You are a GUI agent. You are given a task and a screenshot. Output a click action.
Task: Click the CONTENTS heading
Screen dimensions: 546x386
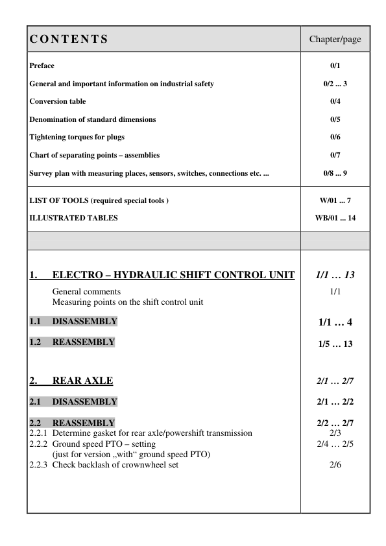69,40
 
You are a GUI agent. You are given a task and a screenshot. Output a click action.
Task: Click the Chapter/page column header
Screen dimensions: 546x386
335,40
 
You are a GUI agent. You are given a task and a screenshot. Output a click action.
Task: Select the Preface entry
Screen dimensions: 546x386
42,66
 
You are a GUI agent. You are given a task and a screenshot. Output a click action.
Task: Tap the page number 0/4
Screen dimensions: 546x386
335,102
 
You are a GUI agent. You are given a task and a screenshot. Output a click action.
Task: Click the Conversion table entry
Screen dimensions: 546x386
58,102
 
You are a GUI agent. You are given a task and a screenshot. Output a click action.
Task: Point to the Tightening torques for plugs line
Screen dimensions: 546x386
77,137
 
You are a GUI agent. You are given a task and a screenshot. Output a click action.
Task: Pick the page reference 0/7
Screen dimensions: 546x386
335,156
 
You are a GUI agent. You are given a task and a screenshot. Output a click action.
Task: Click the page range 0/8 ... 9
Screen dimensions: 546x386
335,173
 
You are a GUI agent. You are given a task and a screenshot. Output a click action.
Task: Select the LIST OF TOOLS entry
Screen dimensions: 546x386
99,200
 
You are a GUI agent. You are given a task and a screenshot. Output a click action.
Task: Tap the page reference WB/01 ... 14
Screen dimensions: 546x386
335,218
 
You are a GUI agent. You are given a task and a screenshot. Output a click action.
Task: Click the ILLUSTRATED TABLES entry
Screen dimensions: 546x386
74,218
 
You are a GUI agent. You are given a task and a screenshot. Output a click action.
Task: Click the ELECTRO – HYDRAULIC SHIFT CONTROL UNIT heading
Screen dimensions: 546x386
173,275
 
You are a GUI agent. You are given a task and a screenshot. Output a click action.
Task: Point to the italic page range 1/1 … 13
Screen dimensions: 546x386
335,276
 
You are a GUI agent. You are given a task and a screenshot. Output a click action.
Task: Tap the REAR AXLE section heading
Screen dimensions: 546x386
85,381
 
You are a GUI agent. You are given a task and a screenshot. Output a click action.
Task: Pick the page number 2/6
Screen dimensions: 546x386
335,465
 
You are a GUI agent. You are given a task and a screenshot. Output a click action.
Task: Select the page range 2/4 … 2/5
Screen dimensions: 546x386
335,444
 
